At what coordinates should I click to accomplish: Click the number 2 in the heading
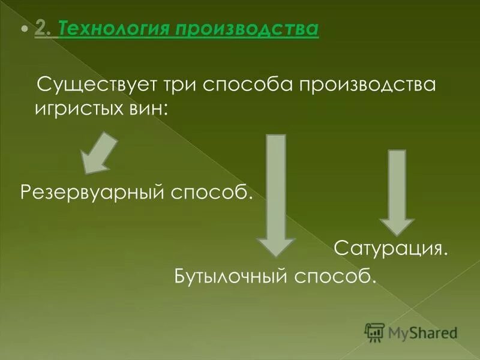(x=41, y=29)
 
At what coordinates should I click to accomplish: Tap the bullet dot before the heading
(x=25, y=29)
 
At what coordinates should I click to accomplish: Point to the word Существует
(x=96, y=85)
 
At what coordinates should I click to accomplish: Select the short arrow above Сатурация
(x=397, y=191)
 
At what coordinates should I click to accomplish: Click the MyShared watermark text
(x=422, y=332)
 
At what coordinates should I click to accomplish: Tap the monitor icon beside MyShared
(x=374, y=332)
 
